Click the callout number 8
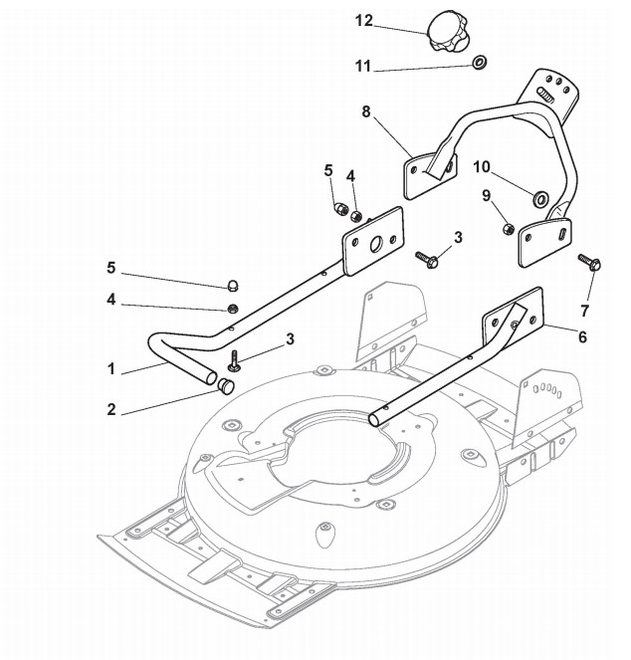tap(365, 111)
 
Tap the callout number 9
tap(487, 197)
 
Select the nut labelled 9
tap(507, 230)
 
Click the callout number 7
tap(585, 298)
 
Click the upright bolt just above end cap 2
tap(235, 359)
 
